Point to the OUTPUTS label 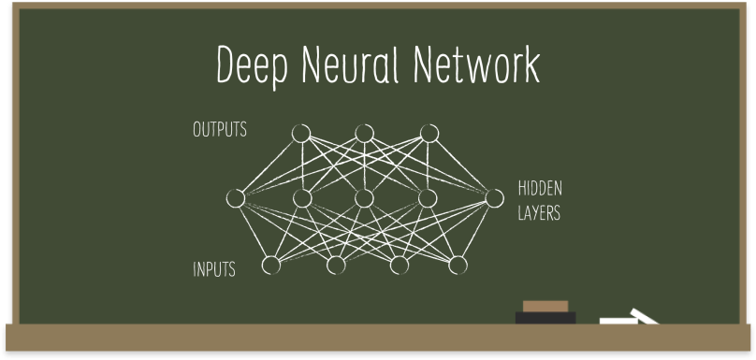220,130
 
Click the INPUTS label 214,270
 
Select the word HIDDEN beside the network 540,188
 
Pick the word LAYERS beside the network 539,213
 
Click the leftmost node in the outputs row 300,134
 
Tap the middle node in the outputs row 364,134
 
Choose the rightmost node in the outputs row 429,134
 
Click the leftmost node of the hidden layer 236,198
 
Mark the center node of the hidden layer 364,198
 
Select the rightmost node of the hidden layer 492,197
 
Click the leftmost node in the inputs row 271,266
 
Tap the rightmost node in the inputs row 458,266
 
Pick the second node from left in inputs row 336,266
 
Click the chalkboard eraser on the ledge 545,314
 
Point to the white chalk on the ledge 629,317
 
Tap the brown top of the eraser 545,306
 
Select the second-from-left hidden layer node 301,198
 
